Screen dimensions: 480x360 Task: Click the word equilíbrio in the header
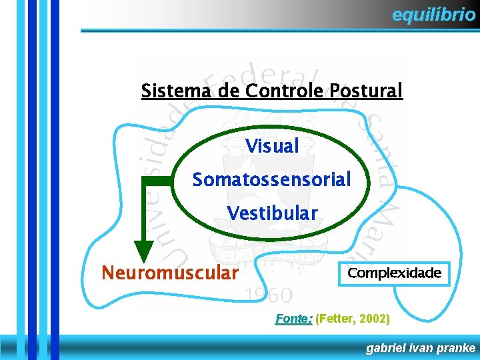pyautogui.click(x=433, y=15)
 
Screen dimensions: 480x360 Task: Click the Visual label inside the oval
pyautogui.click(x=272, y=146)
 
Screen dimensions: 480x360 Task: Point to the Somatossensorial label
pyautogui.click(x=271, y=180)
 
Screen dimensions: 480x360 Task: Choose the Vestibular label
pyautogui.click(x=272, y=213)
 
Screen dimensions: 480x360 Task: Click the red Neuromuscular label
pyautogui.click(x=169, y=273)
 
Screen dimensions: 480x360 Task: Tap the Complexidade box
pyautogui.click(x=395, y=273)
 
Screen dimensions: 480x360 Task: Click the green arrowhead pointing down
pyautogui.click(x=143, y=251)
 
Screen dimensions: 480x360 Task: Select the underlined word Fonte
pyautogui.click(x=293, y=319)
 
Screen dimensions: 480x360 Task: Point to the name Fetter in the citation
pyautogui.click(x=335, y=319)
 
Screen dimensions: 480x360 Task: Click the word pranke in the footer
pyautogui.click(x=457, y=348)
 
